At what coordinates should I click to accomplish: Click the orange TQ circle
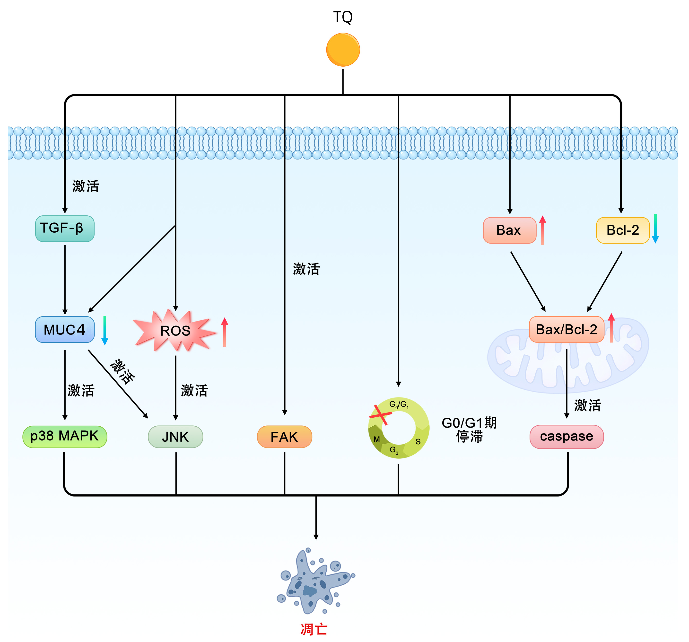343,50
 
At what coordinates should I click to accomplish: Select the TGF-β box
65,229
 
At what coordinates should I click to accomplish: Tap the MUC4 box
65,329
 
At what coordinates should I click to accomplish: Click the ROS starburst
175,330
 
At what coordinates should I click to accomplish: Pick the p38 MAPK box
65,436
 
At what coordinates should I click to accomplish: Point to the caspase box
566,436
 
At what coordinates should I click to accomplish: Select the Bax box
509,230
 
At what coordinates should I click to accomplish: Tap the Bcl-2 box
622,230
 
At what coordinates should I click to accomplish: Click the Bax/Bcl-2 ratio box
566,329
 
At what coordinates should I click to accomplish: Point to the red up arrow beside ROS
225,332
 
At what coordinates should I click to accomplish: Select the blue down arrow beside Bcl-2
655,229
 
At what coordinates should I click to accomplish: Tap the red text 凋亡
314,629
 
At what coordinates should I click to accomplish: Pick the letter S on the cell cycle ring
418,442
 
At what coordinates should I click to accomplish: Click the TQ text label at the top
343,17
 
